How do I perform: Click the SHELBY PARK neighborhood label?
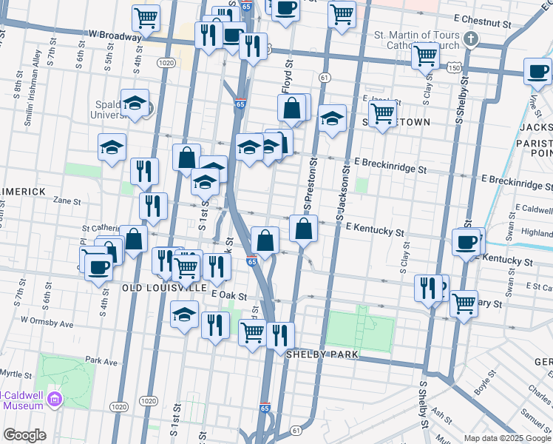(322, 355)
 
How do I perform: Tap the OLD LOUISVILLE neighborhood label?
(164, 286)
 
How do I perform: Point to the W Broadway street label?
(115, 35)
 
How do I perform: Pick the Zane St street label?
(67, 201)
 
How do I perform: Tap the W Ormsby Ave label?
(47, 323)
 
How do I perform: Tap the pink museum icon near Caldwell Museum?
(53, 400)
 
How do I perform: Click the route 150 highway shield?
(452, 67)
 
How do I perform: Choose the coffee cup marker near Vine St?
(537, 73)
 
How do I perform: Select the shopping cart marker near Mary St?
(464, 303)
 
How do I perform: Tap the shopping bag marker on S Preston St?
(304, 229)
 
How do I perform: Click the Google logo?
(24, 435)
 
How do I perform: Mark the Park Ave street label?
(101, 361)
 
